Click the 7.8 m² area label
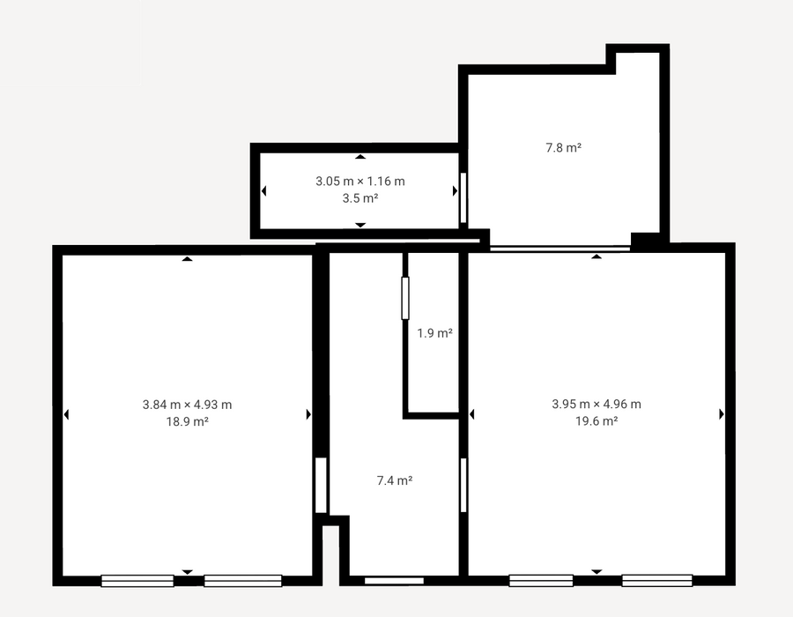563,148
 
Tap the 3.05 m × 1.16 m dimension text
360,181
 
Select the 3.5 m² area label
360,198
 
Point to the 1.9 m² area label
434,333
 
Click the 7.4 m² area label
395,480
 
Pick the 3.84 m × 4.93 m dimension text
187,405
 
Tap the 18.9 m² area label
187,422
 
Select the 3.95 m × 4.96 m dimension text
597,404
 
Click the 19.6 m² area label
597,421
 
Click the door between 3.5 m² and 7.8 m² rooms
463,197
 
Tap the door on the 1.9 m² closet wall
405,298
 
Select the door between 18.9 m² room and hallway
321,485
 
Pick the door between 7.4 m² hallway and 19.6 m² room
463,485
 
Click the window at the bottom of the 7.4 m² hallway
394,581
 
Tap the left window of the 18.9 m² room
137,581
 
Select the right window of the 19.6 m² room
657,580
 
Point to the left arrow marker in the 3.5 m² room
263,190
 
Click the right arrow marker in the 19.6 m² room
722,414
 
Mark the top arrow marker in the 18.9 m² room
188,259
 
